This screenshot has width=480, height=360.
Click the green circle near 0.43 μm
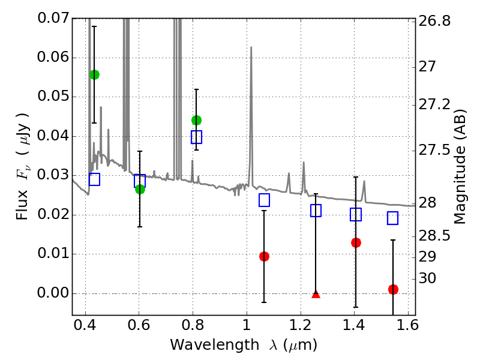(95, 74)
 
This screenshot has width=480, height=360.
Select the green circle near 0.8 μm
(197, 121)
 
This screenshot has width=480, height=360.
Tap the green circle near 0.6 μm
(140, 189)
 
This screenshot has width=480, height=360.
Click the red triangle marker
(316, 295)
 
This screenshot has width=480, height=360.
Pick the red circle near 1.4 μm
(356, 243)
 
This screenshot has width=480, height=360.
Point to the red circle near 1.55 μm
(393, 289)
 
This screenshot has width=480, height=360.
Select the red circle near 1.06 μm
(264, 257)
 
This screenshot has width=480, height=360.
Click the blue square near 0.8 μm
(197, 137)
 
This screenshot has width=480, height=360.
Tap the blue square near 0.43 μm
(95, 179)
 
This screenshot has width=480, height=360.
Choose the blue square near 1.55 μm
(393, 218)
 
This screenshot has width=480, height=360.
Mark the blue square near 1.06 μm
(264, 200)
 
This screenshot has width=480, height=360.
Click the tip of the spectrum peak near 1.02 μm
(251, 47)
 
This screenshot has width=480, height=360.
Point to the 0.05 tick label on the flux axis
(53, 97)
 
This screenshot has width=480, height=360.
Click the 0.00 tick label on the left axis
(53, 293)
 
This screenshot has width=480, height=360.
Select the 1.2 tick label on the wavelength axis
(301, 325)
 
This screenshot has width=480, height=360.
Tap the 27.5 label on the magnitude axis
(434, 151)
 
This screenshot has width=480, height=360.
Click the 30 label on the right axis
(427, 278)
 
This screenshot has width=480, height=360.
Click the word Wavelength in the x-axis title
(215, 345)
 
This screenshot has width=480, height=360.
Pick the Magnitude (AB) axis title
(460, 167)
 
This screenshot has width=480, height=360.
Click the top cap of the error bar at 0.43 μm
(94, 26)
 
